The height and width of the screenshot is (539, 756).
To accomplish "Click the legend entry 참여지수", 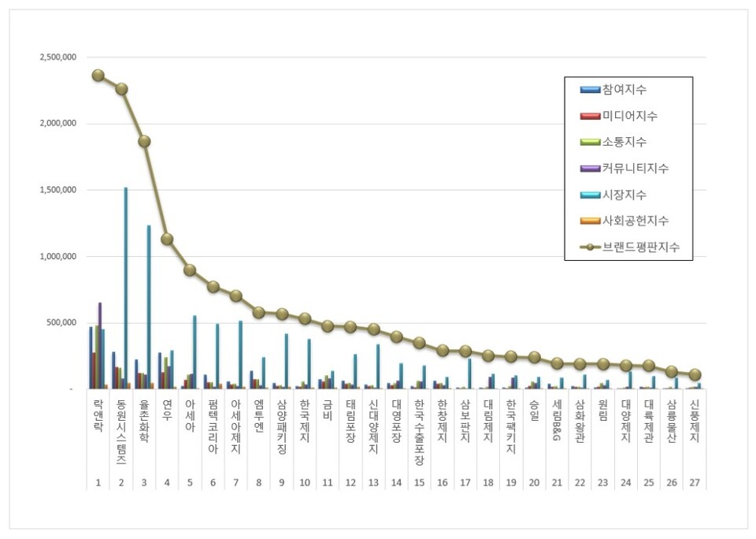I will (x=624, y=90).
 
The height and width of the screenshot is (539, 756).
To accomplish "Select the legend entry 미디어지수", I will (x=629, y=116).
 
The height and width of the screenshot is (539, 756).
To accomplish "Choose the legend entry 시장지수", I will (x=624, y=195).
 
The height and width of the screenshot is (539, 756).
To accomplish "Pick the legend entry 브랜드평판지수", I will (x=640, y=247).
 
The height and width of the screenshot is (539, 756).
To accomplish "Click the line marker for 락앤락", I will (x=98, y=76).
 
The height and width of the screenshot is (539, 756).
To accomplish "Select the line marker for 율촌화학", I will (x=144, y=142).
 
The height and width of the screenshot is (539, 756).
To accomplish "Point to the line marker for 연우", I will (x=167, y=240).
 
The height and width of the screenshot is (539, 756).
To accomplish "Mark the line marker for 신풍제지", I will (x=695, y=375).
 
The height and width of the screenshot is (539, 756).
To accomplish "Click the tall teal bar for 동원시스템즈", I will (x=126, y=288).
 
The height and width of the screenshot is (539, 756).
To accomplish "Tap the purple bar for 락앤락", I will (x=100, y=345).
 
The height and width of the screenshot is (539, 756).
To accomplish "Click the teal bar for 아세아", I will (x=195, y=352).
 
